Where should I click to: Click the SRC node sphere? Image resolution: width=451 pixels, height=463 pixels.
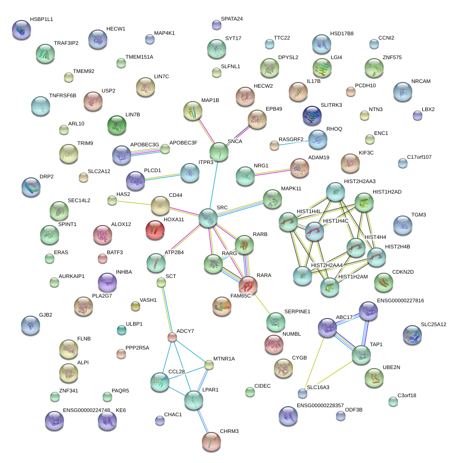tap(208, 218)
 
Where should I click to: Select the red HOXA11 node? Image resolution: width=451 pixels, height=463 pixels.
tap(155, 230)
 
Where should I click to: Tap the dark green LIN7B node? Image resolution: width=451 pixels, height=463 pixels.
tap(117, 125)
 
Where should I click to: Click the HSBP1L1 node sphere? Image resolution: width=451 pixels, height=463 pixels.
tap(21, 30)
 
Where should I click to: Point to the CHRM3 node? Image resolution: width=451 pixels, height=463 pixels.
tap(211, 442)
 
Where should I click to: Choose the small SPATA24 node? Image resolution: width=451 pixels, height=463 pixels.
tap(216, 25)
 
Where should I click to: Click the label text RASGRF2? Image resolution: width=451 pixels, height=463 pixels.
tap(291, 139)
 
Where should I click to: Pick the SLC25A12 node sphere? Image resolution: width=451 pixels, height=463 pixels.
tap(412, 335)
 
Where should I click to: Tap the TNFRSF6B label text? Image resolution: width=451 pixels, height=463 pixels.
tap(63, 95)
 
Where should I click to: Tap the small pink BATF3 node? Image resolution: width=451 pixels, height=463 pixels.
tap(103, 258)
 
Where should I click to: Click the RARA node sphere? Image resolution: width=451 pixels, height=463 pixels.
tap(248, 285)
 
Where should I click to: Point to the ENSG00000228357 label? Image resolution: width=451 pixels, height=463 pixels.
tap(320, 405)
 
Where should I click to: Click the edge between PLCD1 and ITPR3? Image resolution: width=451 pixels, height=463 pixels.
tap(163, 177)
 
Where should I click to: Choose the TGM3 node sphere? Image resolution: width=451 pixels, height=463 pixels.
tap(403, 225)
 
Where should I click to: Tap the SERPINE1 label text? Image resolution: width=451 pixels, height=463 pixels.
tap(297, 311)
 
